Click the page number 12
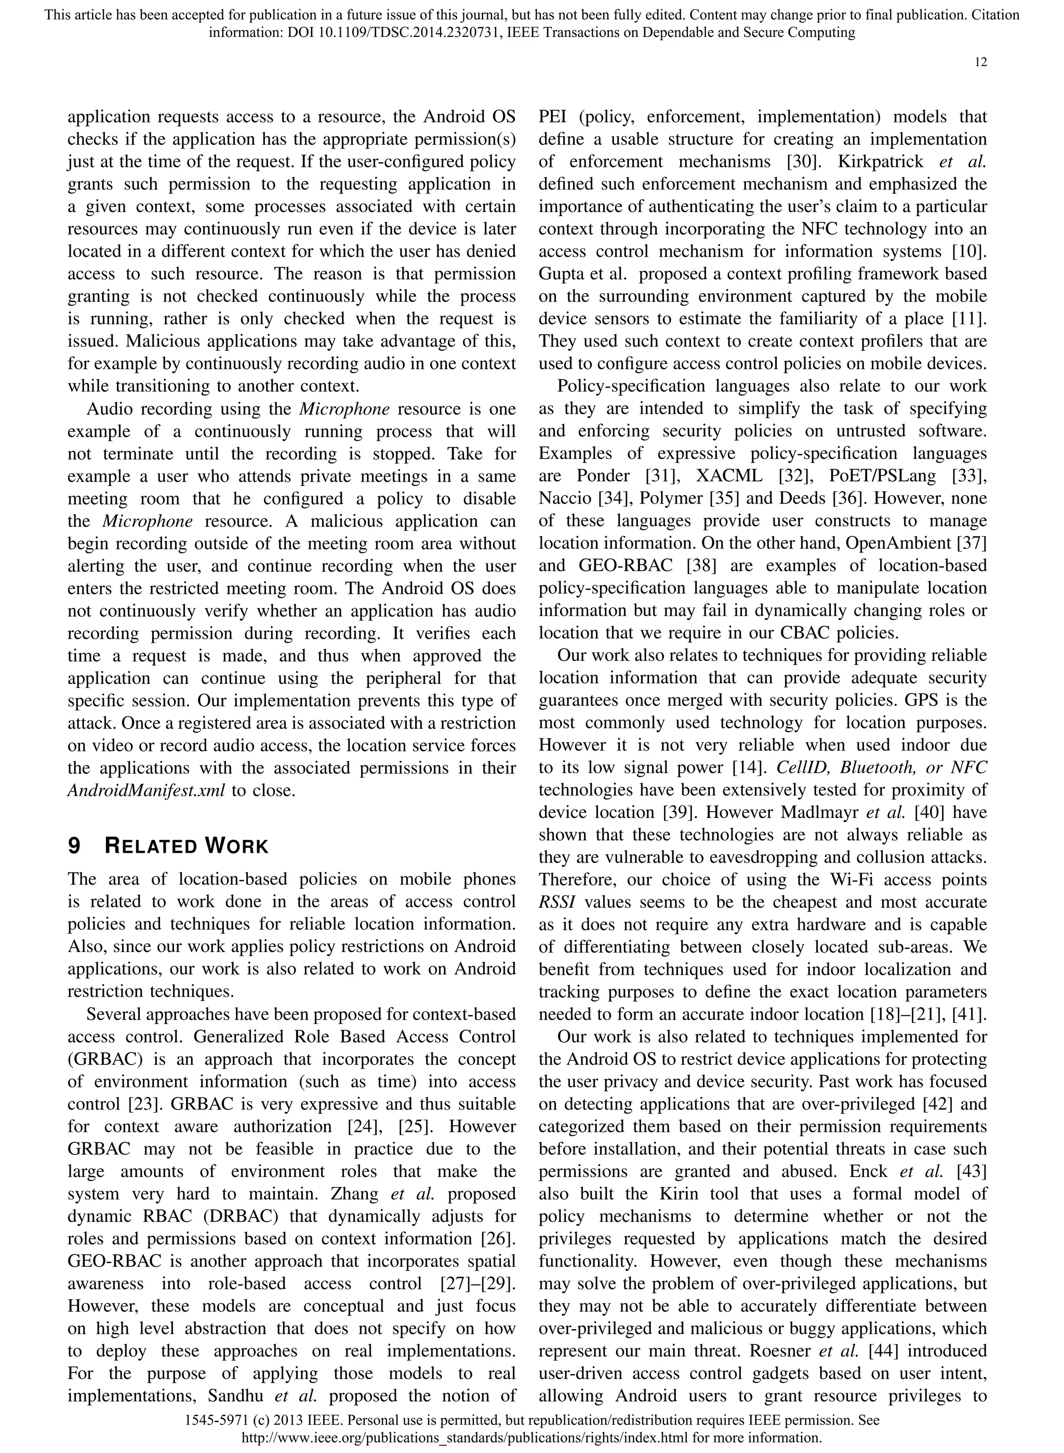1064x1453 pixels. pyautogui.click(x=980, y=62)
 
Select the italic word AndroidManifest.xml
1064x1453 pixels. pyautogui.click(x=146, y=790)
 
